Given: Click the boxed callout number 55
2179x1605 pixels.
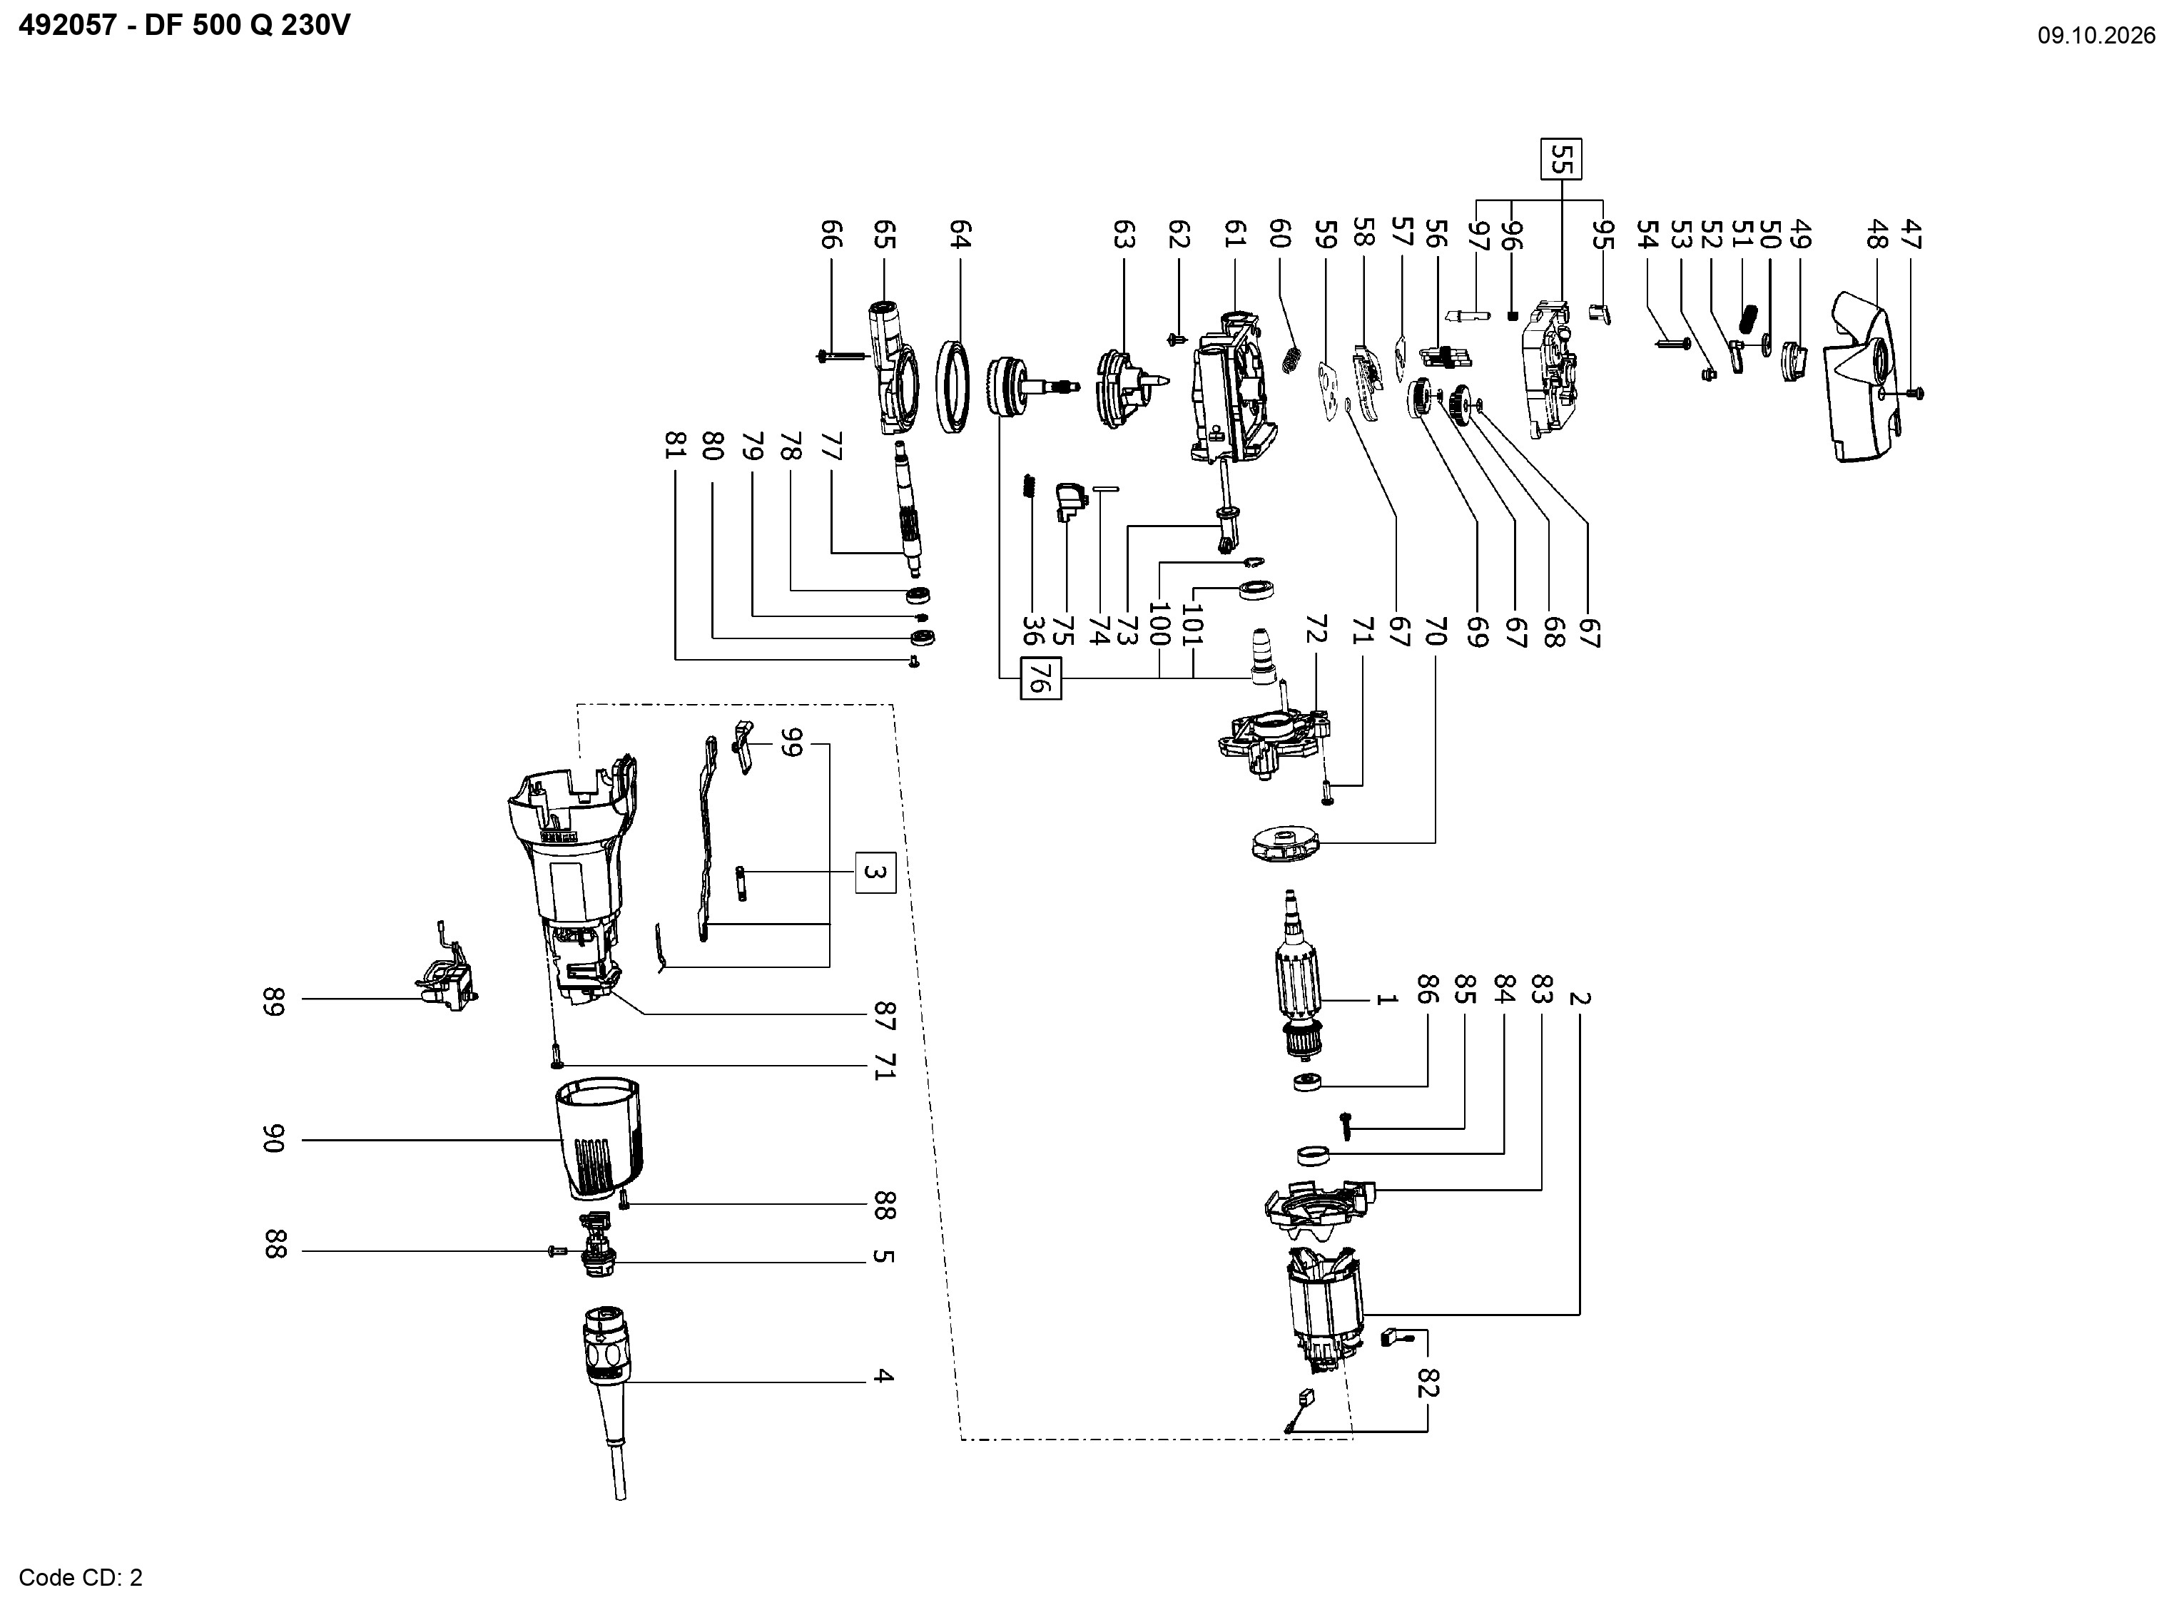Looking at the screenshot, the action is click(x=1561, y=159).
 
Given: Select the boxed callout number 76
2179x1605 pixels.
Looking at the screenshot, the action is click(x=1040, y=678).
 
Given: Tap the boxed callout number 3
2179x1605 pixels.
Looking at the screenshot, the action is click(x=875, y=872).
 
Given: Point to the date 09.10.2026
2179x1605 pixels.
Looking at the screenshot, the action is click(x=2096, y=36).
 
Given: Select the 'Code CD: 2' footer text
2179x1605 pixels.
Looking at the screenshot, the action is click(x=81, y=1577).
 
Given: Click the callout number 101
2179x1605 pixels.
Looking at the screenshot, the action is click(x=1192, y=625).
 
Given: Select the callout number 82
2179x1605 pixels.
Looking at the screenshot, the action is click(x=1427, y=1382).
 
